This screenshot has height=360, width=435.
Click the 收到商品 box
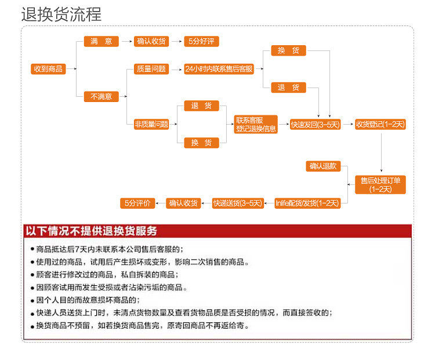pos(49,69)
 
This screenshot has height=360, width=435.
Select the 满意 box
pos(101,41)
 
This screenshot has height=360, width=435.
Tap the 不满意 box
pos(101,96)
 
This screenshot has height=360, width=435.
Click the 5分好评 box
pos(201,41)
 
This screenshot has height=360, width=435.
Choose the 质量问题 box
pos(151,69)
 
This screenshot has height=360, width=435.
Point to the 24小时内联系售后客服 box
pos(219,69)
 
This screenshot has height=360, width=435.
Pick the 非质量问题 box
pos(151,124)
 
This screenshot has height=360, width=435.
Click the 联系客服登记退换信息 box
pos(256,125)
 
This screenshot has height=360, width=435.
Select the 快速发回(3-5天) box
pos(316,124)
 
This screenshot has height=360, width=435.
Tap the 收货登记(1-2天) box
pos(380,124)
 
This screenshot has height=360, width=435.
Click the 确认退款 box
pos(323,166)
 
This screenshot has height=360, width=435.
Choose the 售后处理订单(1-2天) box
pos(380,184)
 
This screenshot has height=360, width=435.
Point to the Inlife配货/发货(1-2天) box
pos(306,203)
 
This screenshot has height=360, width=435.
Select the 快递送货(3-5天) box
pos(238,203)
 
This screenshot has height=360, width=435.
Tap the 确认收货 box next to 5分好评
pos(151,41)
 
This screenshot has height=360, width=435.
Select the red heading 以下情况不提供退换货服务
pos(91,231)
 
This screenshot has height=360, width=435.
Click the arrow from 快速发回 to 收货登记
pos(348,124)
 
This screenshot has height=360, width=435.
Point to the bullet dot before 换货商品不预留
pos(32,326)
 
